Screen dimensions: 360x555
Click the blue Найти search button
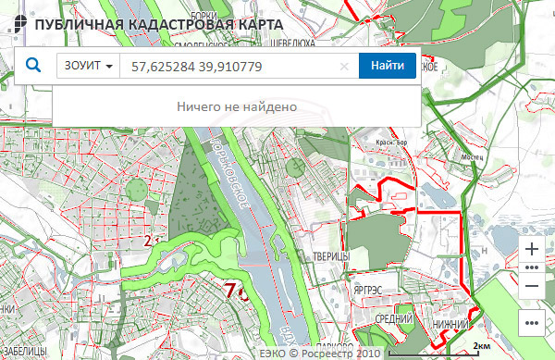[x=388, y=66]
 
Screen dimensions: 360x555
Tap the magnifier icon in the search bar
[x=33, y=66]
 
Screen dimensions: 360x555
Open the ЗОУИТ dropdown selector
[x=89, y=67]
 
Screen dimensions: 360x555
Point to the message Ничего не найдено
[x=236, y=106]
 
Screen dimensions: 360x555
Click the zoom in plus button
[x=531, y=249]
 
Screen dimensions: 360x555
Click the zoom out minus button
[x=531, y=286]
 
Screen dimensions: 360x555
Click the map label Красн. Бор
[x=392, y=143]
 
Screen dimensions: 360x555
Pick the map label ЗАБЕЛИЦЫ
[x=19, y=351]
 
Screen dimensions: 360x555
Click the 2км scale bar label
[x=481, y=345]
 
